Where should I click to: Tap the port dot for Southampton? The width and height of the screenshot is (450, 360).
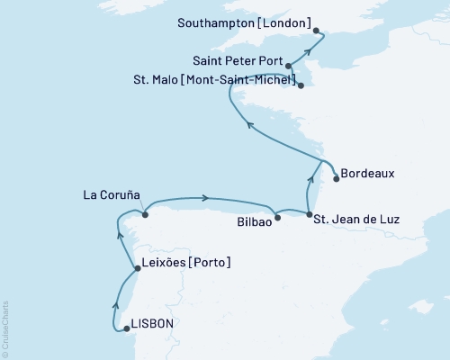click(322, 36)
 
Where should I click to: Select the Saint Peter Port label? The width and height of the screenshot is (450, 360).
click(238, 63)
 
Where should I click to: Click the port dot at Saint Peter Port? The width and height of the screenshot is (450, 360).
click(288, 66)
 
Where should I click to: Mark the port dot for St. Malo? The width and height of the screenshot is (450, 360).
click(301, 86)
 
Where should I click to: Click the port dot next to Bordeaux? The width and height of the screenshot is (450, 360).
click(336, 178)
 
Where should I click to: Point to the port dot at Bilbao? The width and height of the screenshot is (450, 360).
click(277, 217)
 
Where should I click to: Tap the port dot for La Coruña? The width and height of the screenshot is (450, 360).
click(144, 214)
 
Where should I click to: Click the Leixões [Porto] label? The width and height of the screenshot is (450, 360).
click(187, 263)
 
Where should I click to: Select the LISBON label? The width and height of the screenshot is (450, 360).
click(152, 322)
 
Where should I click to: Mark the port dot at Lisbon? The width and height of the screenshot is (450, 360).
click(126, 328)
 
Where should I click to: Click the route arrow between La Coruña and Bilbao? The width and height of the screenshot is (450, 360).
click(207, 198)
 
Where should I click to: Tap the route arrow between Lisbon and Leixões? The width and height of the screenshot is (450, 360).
click(116, 303)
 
